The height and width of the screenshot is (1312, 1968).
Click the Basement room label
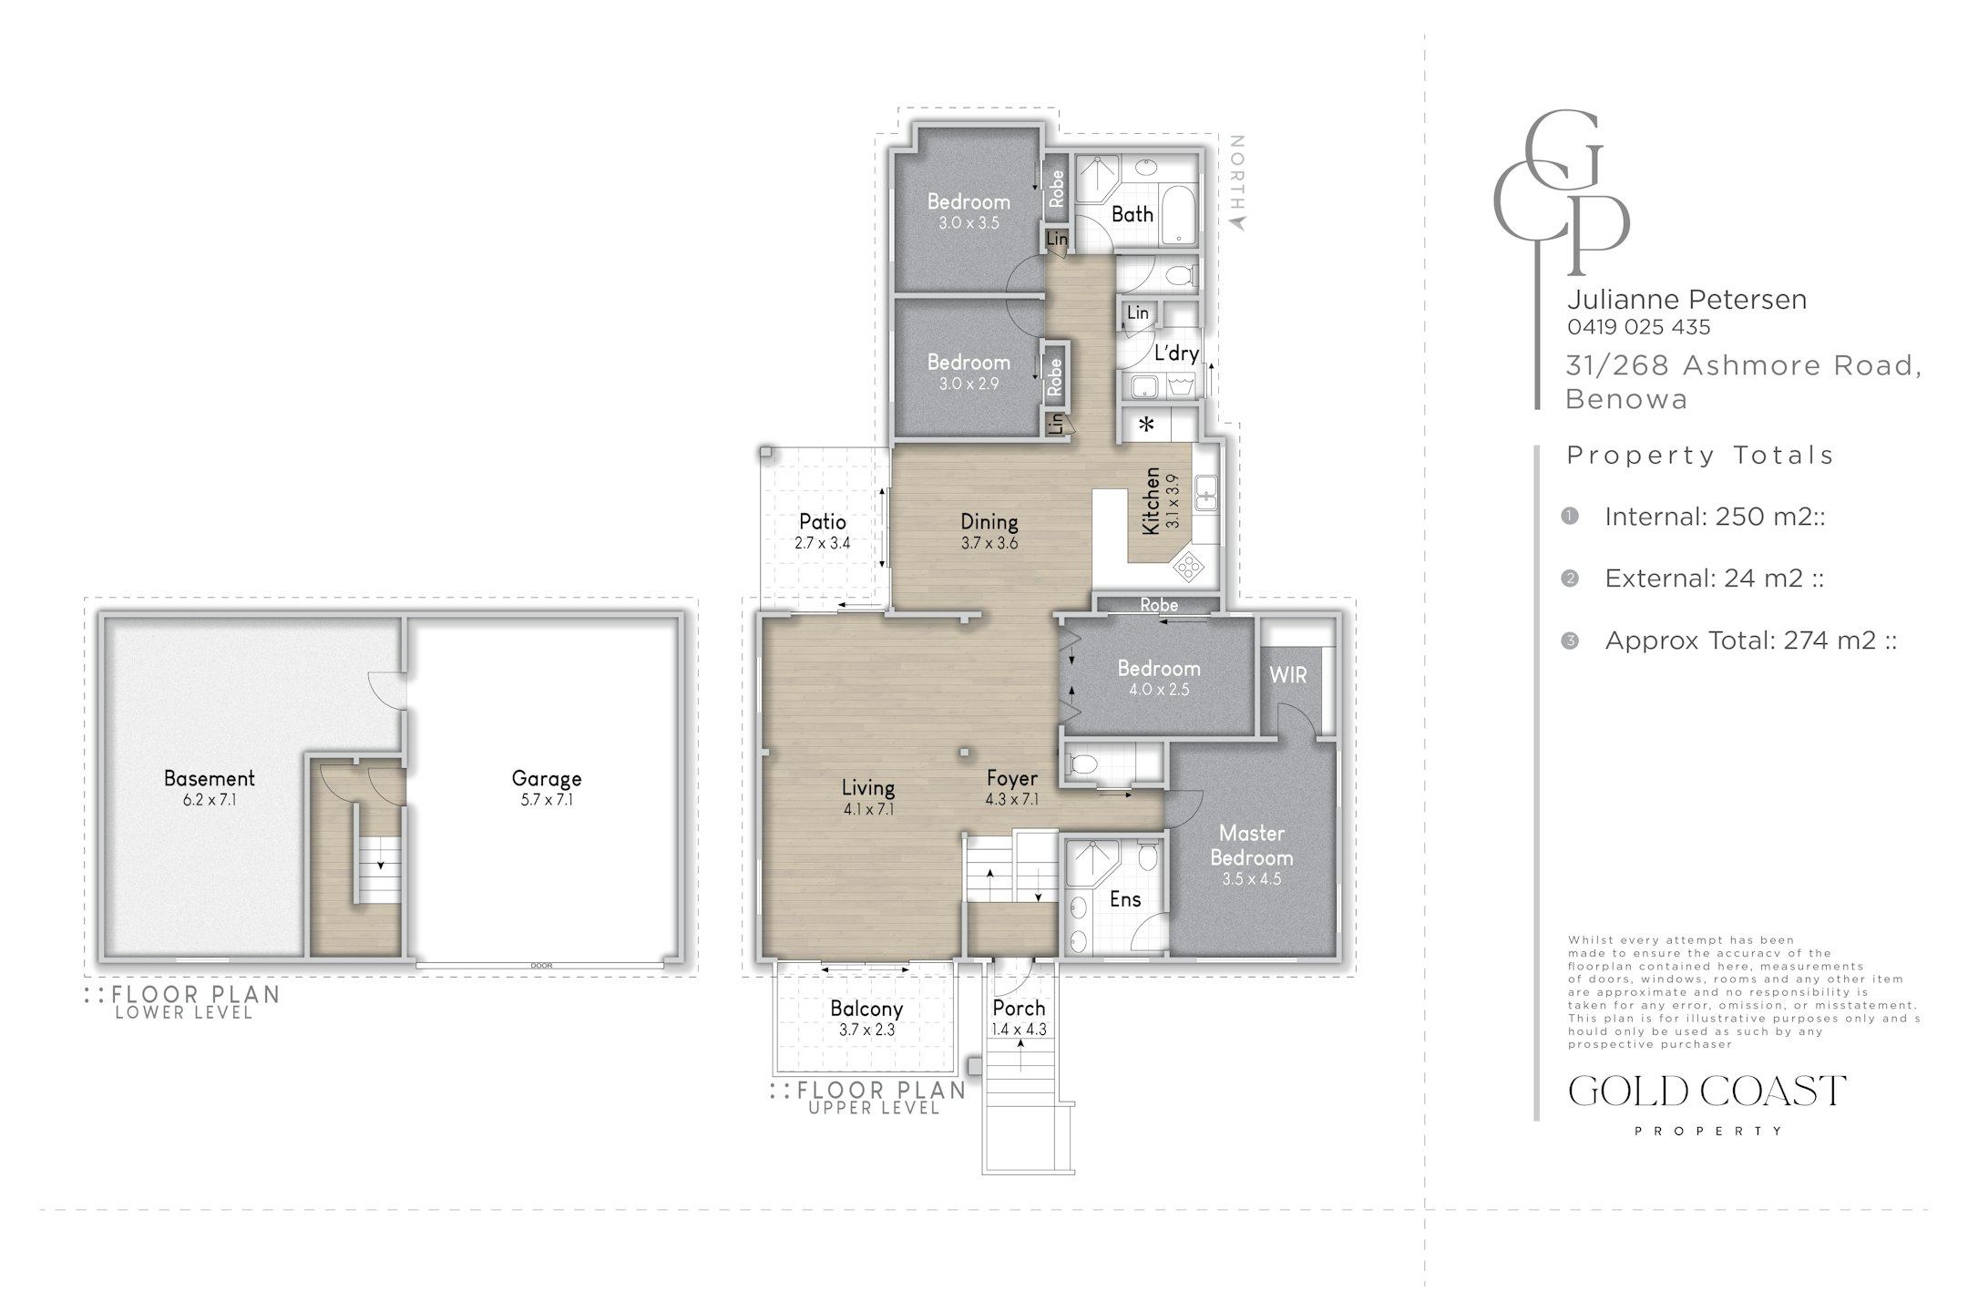[x=209, y=778]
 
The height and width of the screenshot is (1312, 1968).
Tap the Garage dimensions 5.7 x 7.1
[x=547, y=800]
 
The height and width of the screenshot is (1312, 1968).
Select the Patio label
[x=823, y=521]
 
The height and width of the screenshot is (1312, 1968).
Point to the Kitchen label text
[x=1152, y=501]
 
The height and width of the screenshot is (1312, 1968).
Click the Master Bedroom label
[x=1252, y=846]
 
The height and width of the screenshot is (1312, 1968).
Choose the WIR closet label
[x=1288, y=675]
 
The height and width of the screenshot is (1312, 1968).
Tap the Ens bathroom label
[x=1125, y=899]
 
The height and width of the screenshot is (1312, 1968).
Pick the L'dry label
[x=1176, y=354]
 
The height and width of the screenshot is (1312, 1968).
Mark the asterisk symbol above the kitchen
[x=1146, y=425]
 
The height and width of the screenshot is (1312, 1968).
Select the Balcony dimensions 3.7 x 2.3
[x=866, y=1030]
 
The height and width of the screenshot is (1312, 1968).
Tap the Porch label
[x=1019, y=1008]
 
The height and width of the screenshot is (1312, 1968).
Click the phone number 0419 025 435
[x=1639, y=326]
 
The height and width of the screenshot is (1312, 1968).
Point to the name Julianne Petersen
[x=1686, y=299]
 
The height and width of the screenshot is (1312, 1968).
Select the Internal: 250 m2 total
[x=1715, y=517]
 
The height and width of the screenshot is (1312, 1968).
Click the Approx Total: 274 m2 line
[x=1750, y=641]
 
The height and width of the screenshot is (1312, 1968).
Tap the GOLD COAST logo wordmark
[x=1707, y=1091]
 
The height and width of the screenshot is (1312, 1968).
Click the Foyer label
[x=1012, y=778]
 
